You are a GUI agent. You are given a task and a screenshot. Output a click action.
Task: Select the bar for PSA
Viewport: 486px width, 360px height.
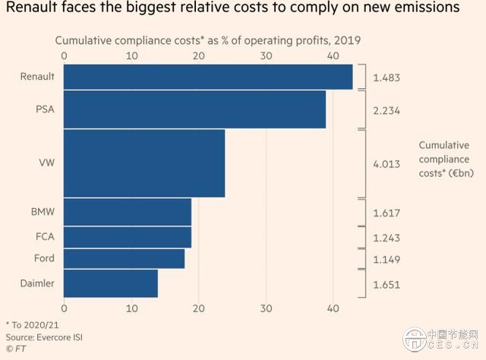pyautogui.click(x=194, y=109)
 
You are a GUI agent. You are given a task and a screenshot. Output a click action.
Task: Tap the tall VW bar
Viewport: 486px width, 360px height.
pyautogui.click(x=144, y=163)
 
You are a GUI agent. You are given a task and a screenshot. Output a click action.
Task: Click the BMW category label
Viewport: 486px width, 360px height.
pyautogui.click(x=42, y=212)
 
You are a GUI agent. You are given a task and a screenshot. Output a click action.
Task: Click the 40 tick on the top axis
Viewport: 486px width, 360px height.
pyautogui.click(x=333, y=55)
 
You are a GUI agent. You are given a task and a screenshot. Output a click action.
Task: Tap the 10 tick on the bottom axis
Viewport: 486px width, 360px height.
pyautogui.click(x=131, y=308)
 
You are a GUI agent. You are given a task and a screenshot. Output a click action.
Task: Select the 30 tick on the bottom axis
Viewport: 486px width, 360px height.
pyautogui.click(x=266, y=308)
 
